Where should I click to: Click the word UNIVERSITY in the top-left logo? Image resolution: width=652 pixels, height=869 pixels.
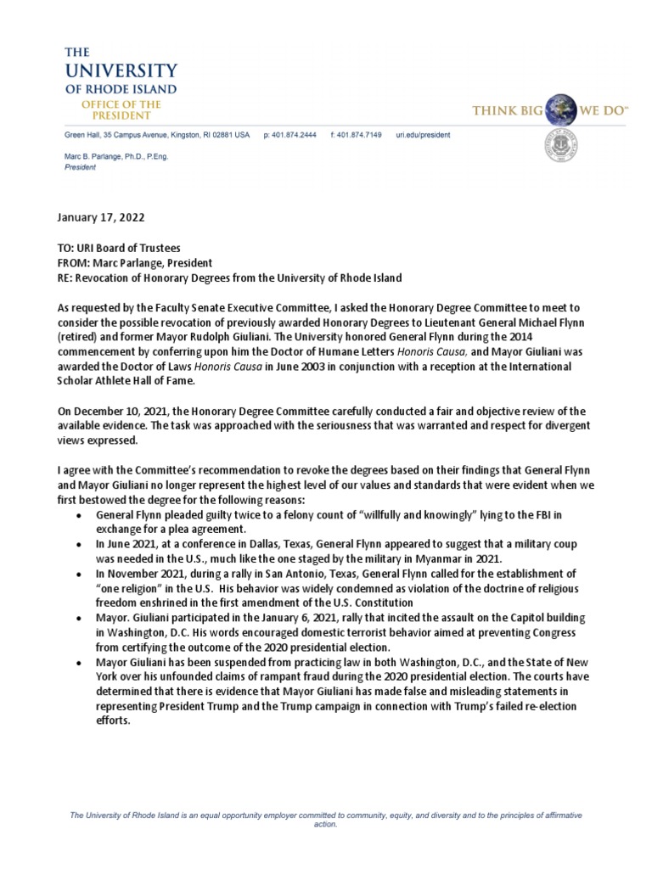[x=121, y=70]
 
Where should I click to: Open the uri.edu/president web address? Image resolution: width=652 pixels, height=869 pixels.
[x=423, y=135]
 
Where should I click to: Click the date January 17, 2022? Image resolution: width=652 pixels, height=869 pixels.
[x=101, y=217]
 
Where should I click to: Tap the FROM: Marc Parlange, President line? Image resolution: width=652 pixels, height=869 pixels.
[x=135, y=263]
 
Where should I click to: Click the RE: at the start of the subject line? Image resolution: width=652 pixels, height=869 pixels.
[x=65, y=278]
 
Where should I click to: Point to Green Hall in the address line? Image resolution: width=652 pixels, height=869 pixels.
[x=85, y=135]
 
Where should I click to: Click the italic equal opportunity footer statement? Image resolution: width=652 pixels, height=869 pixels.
[x=326, y=819]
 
